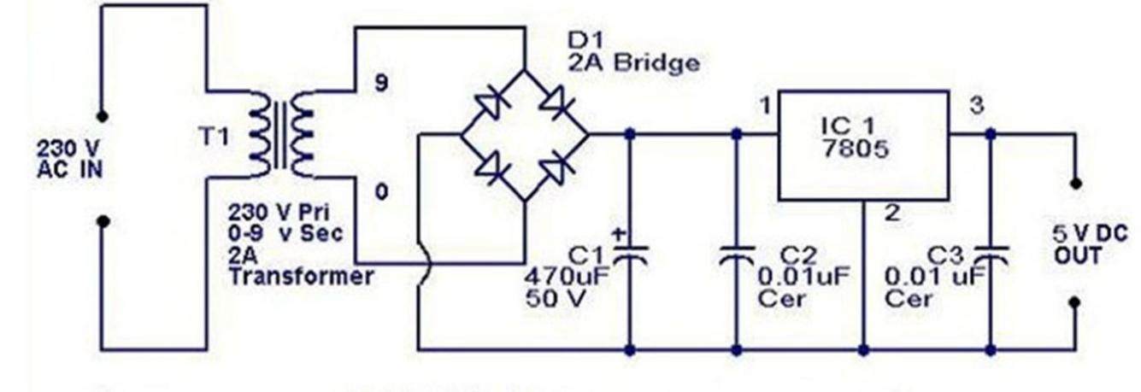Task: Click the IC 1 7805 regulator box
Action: tap(862, 145)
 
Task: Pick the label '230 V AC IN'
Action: tap(69, 159)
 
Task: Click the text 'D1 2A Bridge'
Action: tap(633, 52)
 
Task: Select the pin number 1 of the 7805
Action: tap(764, 106)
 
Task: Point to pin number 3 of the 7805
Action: tap(978, 106)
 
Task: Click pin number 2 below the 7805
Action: tap(891, 214)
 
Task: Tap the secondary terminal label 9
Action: tap(381, 85)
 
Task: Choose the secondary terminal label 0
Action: tap(381, 191)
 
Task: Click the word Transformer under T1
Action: tap(300, 276)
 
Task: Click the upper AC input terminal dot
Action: tap(102, 115)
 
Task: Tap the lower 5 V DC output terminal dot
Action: tap(1075, 301)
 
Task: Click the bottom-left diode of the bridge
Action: tap(493, 167)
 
